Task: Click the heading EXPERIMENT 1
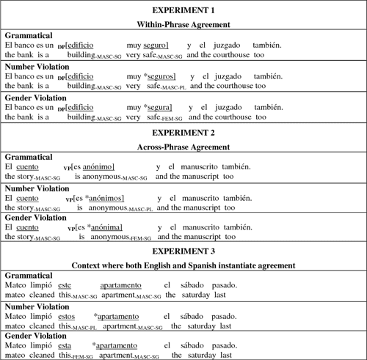(183, 11)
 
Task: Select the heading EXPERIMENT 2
(183, 133)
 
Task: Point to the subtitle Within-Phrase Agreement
(183, 24)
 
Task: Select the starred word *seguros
(161, 76)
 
